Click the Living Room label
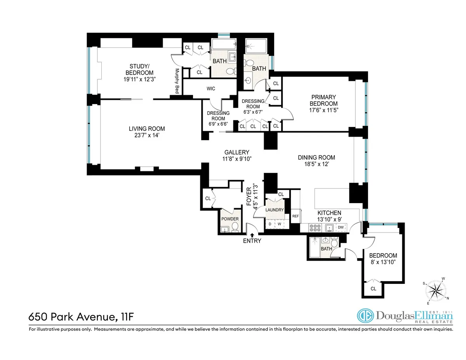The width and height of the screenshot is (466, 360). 147,129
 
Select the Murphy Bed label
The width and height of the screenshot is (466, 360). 177,81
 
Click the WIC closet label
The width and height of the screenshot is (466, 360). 211,89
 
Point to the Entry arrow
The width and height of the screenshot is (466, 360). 252,235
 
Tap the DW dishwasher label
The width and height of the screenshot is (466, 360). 341,227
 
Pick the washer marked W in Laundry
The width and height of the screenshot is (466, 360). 279,224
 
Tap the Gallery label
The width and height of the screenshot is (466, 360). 236,152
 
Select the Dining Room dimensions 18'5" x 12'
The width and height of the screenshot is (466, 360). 316,164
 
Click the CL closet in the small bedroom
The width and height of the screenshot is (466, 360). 373,289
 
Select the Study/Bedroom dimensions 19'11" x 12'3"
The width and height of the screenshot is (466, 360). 136,80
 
